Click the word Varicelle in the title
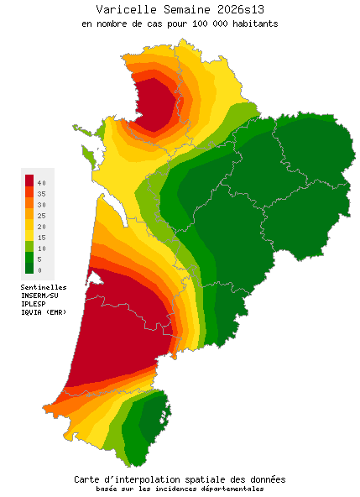pos(123,9)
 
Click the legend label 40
pos(41,182)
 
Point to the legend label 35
pos(41,193)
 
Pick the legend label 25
pos(41,215)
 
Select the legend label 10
pos(41,248)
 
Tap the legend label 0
pos(39,270)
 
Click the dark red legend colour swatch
pos(29,180)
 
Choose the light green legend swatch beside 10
pos(29,247)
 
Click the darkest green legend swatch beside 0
pos(29,269)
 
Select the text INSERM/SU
pos(39,296)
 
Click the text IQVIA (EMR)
pos(43,312)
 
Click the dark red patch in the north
pos(155,105)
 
